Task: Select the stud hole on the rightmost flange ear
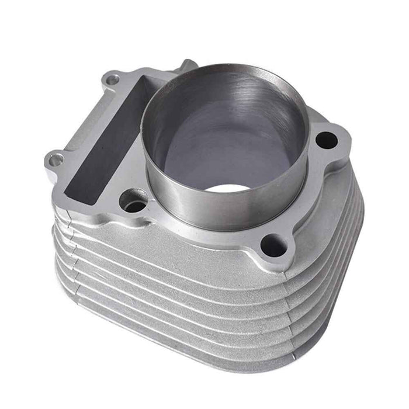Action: (x=325, y=140)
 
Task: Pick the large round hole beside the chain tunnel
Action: (x=134, y=202)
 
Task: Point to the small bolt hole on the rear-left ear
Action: (x=113, y=79)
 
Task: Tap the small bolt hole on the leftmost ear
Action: (x=56, y=159)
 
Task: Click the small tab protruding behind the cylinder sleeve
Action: (x=188, y=65)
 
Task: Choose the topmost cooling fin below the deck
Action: (x=175, y=245)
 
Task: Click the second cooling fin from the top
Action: (x=175, y=263)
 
